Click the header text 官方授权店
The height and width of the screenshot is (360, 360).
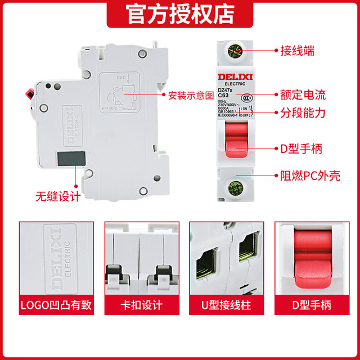click(179, 13)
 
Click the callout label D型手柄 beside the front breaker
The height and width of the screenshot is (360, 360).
click(303, 149)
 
